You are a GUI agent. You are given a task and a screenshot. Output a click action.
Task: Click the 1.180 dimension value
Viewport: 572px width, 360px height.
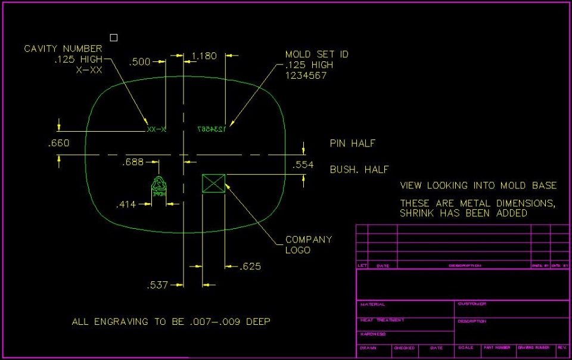204,56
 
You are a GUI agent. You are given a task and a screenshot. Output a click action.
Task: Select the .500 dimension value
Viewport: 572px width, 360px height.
141,61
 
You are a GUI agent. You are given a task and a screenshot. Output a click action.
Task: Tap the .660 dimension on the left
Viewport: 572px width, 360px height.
58,143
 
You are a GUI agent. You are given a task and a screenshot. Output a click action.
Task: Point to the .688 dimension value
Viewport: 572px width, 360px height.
133,162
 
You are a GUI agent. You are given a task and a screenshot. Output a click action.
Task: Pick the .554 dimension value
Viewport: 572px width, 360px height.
303,165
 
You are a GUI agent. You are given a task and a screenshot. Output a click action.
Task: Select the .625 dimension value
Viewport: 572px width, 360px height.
250,266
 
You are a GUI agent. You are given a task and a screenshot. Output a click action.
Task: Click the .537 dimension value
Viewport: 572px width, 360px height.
157,285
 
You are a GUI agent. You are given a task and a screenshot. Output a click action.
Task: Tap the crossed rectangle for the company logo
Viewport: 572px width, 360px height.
214,183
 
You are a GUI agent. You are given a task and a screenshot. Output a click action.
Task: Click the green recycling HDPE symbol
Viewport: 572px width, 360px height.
159,187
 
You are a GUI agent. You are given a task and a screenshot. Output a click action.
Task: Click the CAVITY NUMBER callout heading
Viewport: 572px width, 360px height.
63,49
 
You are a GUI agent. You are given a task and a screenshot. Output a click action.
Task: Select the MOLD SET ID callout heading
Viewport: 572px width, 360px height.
317,54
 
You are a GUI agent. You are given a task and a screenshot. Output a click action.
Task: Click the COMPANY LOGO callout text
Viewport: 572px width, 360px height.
309,244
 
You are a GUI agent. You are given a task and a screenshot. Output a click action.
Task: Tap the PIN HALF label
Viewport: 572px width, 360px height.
353,144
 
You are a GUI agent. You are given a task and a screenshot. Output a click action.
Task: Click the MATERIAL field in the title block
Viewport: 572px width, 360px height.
372,305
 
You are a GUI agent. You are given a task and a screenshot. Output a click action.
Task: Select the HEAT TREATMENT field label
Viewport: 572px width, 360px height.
382,320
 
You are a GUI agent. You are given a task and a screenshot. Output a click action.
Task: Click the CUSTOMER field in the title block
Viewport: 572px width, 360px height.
472,304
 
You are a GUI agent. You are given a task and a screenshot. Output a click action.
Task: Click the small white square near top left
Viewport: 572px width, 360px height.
114,38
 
